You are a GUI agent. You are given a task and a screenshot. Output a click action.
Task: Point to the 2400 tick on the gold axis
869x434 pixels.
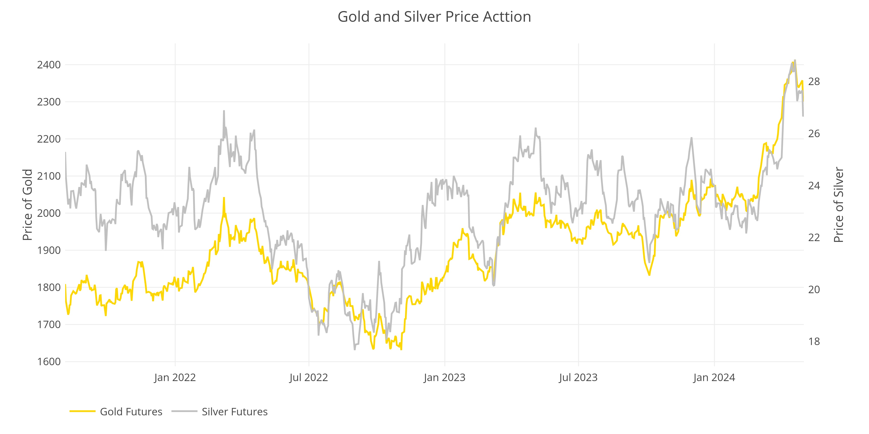pyautogui.click(x=49, y=65)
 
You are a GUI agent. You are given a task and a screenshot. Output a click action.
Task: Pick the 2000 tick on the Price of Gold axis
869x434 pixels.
pyautogui.click(x=49, y=213)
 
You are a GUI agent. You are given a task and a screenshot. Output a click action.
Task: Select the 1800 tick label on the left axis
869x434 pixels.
pyautogui.click(x=49, y=288)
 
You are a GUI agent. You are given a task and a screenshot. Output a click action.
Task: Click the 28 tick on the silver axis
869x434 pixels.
pyautogui.click(x=814, y=82)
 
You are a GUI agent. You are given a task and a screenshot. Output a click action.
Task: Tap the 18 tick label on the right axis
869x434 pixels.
pyautogui.click(x=814, y=341)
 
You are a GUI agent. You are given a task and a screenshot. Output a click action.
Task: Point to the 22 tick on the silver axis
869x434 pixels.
pyautogui.click(x=814, y=238)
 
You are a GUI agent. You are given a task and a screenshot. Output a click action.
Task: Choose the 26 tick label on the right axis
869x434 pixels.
pyautogui.click(x=814, y=134)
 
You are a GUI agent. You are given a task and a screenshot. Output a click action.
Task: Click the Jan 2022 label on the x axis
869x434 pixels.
pyautogui.click(x=175, y=377)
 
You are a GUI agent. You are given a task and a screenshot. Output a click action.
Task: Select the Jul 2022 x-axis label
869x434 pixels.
pyautogui.click(x=309, y=377)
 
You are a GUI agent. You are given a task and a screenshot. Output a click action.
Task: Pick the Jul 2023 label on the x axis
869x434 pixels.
pyautogui.click(x=578, y=377)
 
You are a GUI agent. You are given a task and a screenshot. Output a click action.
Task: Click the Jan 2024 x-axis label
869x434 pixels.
pyautogui.click(x=714, y=377)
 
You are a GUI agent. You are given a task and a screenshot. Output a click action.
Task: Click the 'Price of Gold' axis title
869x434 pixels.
pyautogui.click(x=28, y=205)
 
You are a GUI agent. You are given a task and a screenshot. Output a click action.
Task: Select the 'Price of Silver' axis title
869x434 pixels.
pyautogui.click(x=839, y=205)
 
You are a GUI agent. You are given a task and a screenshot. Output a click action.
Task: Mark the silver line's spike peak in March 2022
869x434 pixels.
pyautogui.click(x=224, y=111)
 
